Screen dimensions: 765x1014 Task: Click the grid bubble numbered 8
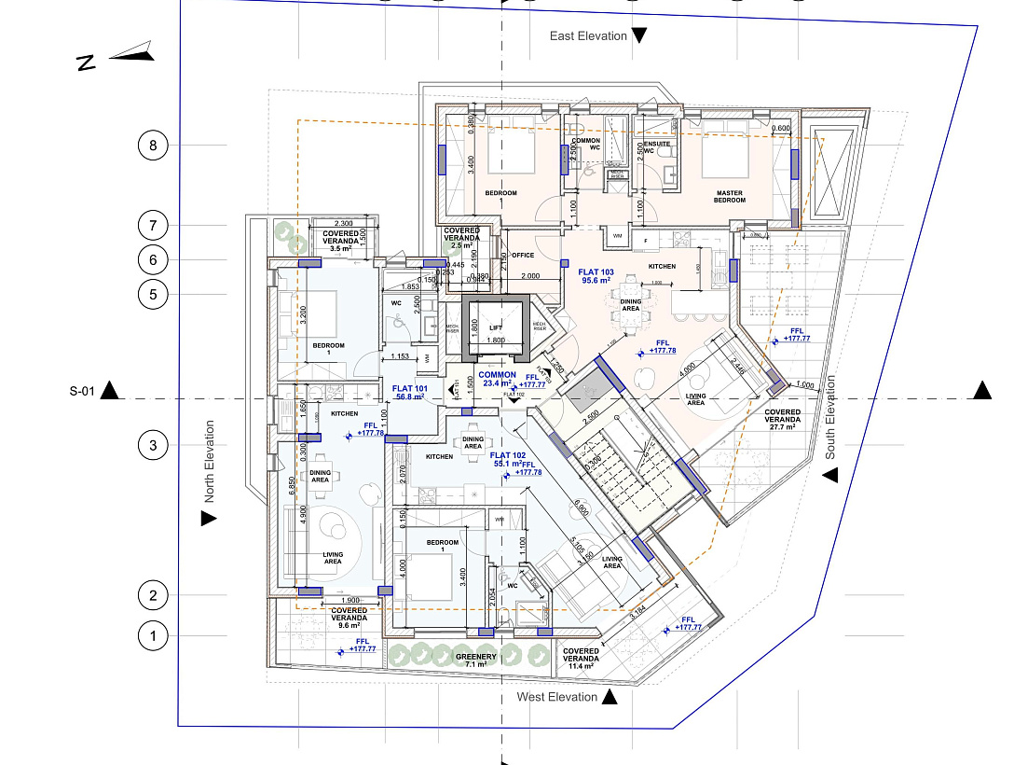153,146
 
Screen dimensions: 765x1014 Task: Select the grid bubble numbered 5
153,295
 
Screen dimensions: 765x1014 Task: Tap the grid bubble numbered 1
153,636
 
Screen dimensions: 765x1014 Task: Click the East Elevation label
588,35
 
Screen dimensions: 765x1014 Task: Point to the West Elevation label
557,697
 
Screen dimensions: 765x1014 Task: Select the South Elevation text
829,418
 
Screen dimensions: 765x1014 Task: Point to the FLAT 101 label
409,392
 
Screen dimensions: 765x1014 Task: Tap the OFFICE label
522,255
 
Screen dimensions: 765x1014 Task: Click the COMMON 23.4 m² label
497,378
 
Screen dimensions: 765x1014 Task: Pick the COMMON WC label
586,144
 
